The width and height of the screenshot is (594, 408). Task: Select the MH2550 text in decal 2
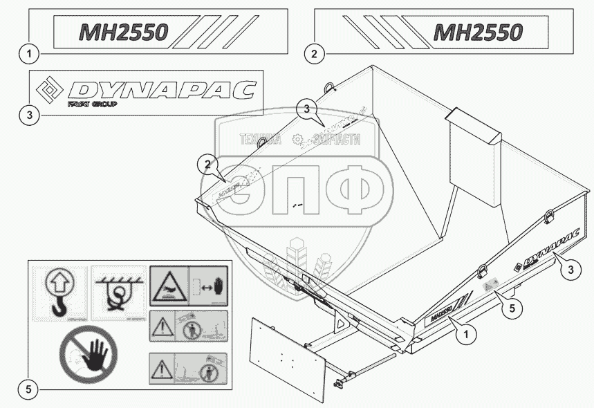tap(477, 32)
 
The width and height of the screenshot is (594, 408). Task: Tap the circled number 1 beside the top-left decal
tap(28, 53)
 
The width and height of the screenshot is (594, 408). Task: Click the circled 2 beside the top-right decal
tap(314, 53)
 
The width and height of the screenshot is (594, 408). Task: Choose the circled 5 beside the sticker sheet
tap(28, 389)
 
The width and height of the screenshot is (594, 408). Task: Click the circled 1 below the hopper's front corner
tap(467, 335)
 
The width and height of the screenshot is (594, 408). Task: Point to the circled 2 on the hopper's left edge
tap(205, 164)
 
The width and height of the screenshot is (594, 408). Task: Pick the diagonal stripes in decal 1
tap(219, 32)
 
